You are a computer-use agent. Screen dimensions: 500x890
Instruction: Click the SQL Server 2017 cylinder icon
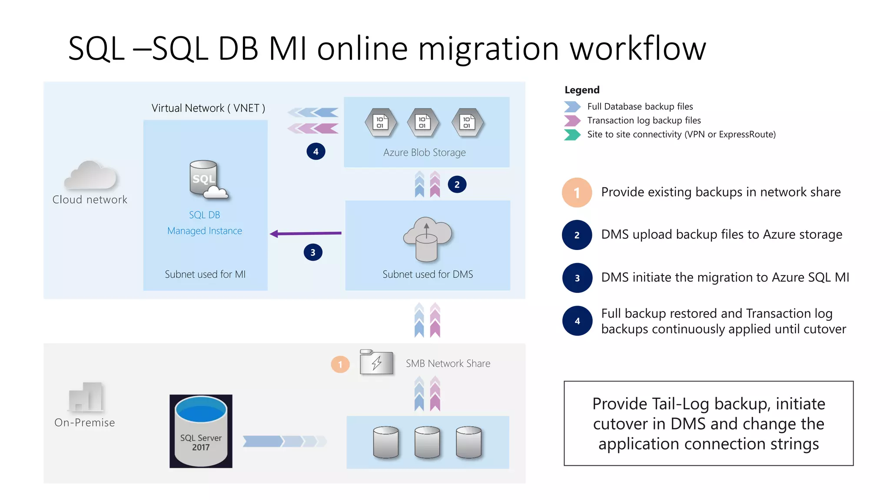click(201, 431)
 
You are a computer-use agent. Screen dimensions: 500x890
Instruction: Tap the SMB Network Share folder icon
click(376, 362)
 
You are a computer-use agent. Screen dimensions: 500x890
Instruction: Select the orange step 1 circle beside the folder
click(340, 364)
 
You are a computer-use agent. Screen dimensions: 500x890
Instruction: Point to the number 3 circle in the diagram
click(313, 252)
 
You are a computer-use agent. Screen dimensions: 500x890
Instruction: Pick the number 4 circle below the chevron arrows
click(316, 151)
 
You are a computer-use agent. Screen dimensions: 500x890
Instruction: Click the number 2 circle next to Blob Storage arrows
click(457, 184)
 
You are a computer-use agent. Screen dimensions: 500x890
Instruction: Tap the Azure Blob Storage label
click(424, 152)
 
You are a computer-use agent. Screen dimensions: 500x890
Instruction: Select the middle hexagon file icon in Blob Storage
click(423, 122)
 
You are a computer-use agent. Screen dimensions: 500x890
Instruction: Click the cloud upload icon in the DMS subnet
click(427, 239)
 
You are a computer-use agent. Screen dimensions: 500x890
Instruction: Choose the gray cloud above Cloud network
click(90, 175)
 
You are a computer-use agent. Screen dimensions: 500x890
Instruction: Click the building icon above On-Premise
click(86, 397)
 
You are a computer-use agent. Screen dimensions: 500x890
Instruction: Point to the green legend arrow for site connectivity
click(572, 135)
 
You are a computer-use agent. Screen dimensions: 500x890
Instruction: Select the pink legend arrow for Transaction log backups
click(572, 120)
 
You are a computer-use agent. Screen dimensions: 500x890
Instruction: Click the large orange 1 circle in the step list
click(577, 192)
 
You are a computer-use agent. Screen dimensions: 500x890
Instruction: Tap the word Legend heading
click(582, 90)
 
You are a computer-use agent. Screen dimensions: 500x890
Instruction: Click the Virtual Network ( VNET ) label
click(208, 108)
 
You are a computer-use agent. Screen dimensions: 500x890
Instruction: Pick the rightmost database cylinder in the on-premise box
click(468, 442)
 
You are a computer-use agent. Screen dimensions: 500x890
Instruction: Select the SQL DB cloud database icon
click(208, 180)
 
